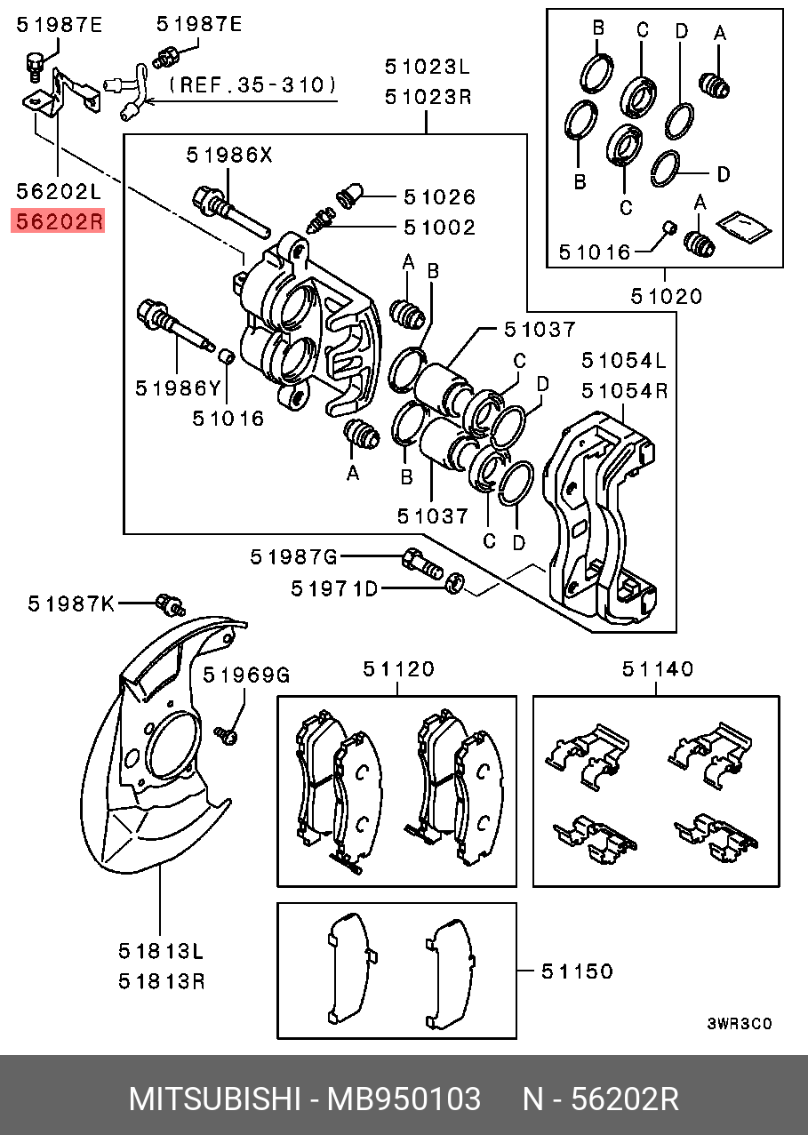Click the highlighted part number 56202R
coord(60,221)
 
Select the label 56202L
coord(59,191)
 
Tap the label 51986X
coord(229,155)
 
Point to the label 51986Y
coord(179,388)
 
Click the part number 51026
coord(439,197)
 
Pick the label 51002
coord(439,228)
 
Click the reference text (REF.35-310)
coord(252,84)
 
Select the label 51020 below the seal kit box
coord(667,296)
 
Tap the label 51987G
coord(293,557)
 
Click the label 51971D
coord(334,588)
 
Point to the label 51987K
coord(71,603)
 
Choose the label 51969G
coord(246,675)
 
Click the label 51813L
coord(161,951)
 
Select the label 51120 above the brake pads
coord(398,669)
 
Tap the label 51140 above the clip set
coord(658,669)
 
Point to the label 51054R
coord(625,391)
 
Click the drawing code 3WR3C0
coord(740,1024)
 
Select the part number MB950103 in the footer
coord(404,1099)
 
